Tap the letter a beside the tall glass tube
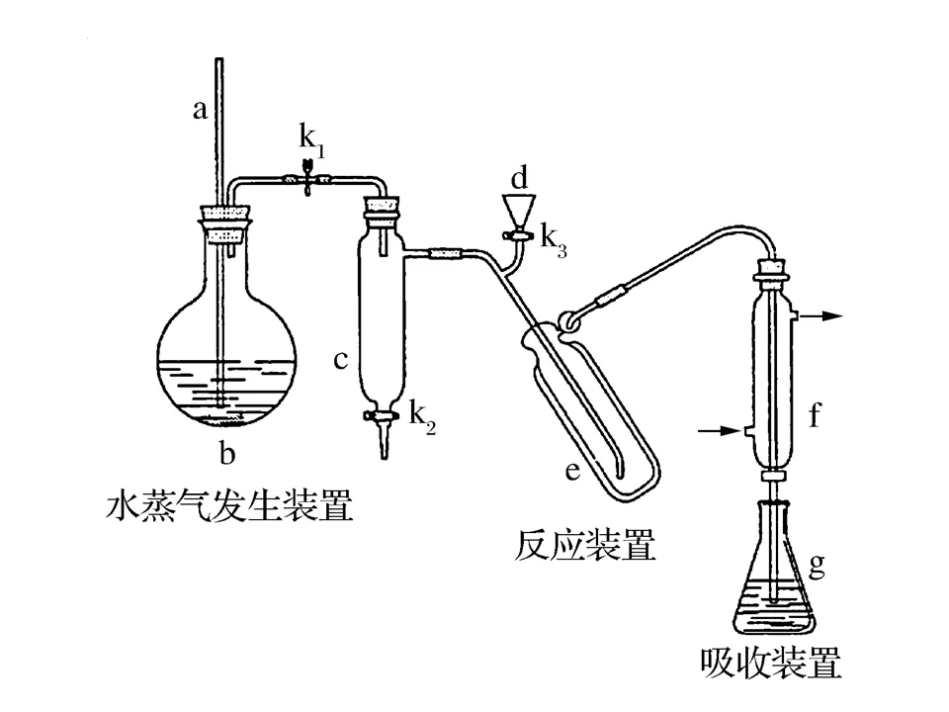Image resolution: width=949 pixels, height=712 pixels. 199,110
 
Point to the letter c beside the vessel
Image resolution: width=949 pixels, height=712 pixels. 339,360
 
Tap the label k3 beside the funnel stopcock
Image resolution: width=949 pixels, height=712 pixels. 554,241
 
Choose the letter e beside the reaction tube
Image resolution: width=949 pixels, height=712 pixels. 572,471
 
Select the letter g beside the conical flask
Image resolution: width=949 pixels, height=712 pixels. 817,565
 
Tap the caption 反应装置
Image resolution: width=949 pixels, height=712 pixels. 585,544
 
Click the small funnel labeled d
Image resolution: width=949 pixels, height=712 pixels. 520,211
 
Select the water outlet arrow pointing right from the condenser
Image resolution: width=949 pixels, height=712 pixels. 820,315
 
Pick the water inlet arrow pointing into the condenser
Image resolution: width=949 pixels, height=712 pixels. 719,430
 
